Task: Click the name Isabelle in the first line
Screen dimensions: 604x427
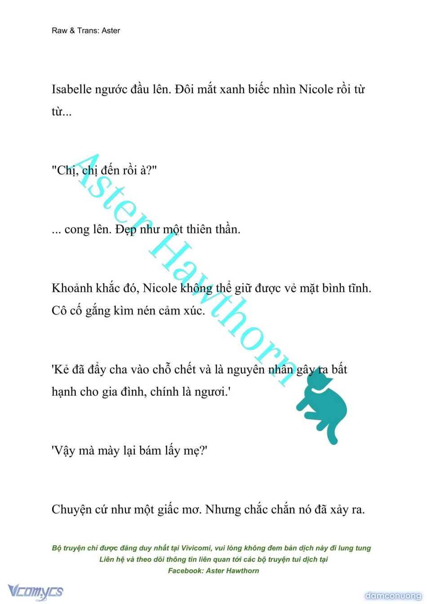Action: pos(71,89)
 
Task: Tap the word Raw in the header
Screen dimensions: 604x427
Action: pos(59,31)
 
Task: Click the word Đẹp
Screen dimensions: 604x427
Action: pos(126,230)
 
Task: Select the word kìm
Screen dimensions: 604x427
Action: pos(125,311)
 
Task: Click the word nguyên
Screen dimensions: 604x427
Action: pos(246,370)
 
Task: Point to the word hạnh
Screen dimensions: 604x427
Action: pos(64,392)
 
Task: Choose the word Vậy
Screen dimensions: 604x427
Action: pos(64,451)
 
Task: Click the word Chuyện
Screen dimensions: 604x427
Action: pos(72,510)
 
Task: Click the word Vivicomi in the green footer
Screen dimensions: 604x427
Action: pos(196,548)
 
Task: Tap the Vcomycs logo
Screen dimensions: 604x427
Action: pos(36,591)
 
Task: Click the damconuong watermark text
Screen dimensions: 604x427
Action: pos(393,596)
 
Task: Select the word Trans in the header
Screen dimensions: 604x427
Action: pos(87,31)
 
